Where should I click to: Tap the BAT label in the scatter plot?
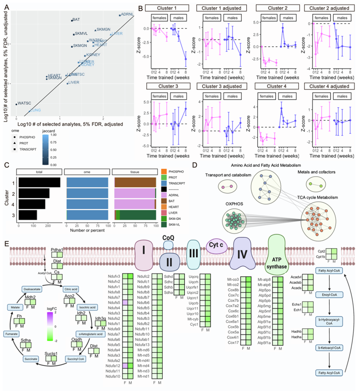click(76, 20)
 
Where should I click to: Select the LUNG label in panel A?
click(36, 110)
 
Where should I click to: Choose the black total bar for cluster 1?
click(39, 182)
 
